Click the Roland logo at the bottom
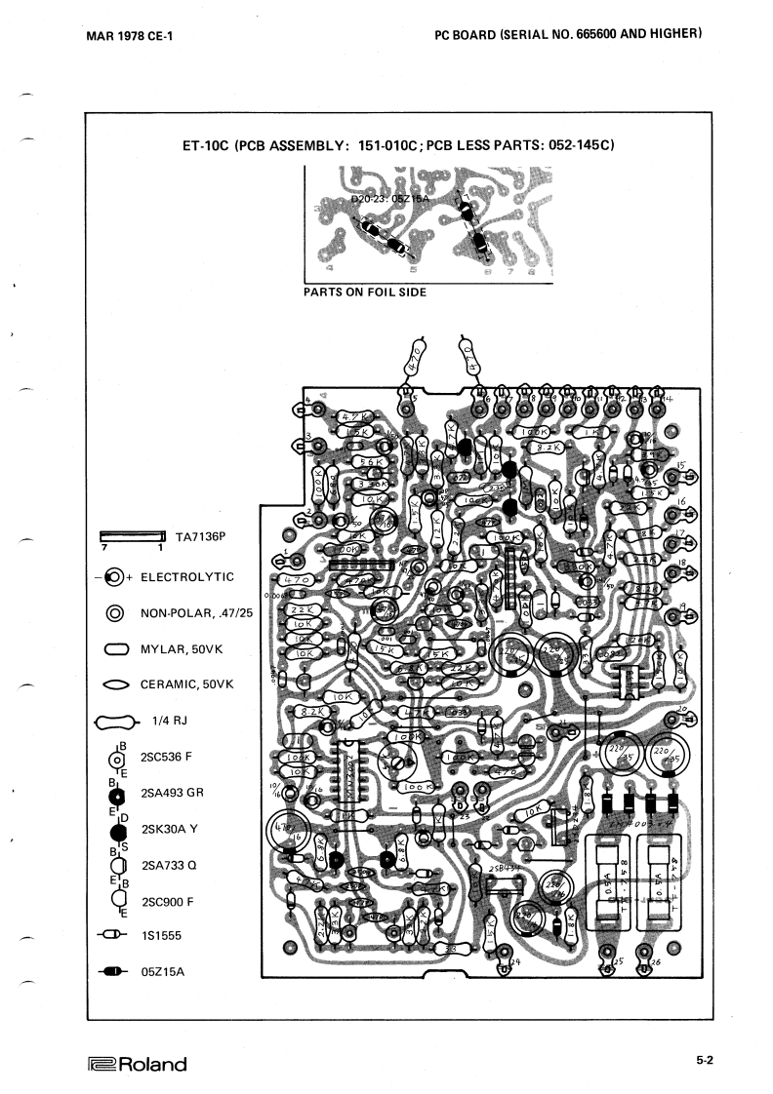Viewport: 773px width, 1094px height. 137,1064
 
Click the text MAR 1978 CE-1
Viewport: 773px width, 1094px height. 130,37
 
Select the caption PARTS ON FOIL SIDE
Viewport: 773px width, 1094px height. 365,292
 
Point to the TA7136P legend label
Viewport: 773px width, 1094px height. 199,536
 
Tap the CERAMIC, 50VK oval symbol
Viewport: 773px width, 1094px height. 115,684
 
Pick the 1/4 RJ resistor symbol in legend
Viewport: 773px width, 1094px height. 115,723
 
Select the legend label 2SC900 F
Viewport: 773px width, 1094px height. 168,902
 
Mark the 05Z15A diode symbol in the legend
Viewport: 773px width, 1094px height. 114,971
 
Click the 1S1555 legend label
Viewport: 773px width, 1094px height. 163,936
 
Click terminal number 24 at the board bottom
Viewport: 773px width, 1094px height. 513,963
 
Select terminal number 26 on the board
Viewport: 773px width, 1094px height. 655,963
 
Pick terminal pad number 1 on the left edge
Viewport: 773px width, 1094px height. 285,560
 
